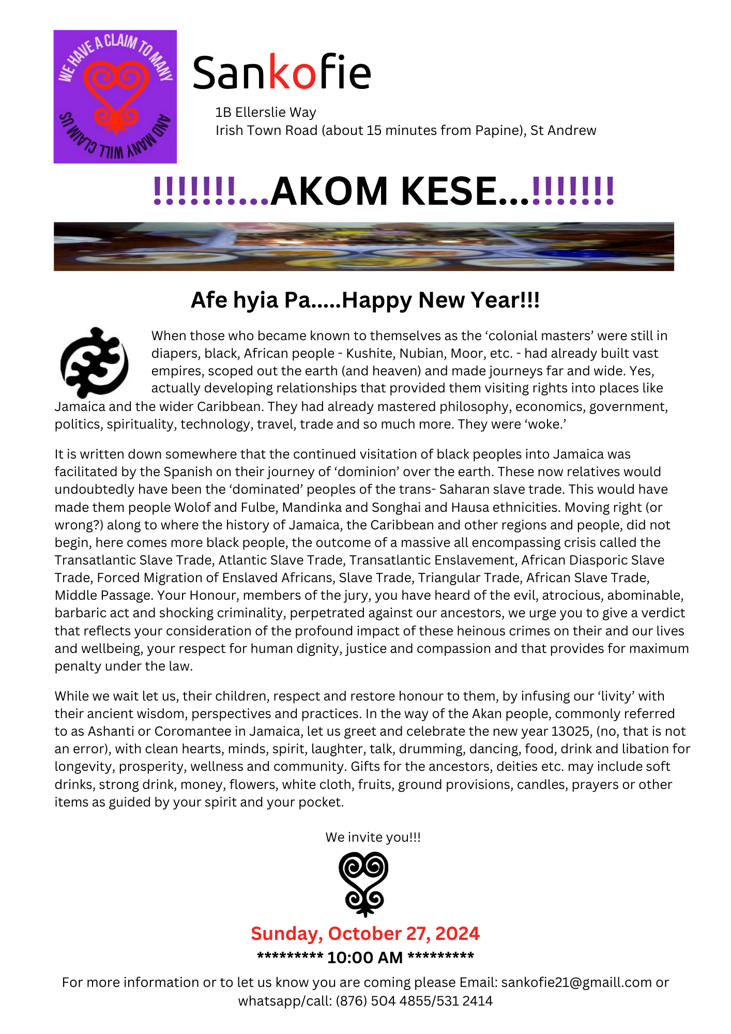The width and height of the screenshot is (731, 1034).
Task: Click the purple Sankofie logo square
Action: pos(115,96)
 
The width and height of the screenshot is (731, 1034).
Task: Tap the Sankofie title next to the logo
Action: pos(281,72)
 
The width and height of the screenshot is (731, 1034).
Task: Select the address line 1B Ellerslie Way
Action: pos(266,112)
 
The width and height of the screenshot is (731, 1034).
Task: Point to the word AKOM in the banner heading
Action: pos(329,191)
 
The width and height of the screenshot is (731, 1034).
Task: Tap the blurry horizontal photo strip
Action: pos(363,246)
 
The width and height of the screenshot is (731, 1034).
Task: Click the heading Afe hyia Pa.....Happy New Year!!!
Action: pos(365,300)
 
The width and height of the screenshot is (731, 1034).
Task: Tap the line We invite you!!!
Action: pos(373,837)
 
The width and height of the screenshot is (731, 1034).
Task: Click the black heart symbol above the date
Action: pos(364,884)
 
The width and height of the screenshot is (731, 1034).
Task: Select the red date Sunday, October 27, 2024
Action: pos(365,934)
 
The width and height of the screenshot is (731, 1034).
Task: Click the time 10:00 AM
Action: pos(365,957)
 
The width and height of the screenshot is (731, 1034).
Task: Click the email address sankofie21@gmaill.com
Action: pos(576,982)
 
